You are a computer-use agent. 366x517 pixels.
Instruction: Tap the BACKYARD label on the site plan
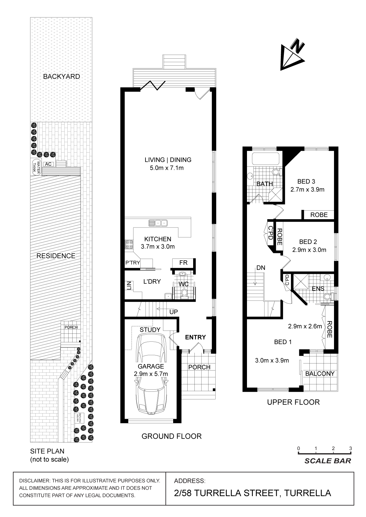coord(62,76)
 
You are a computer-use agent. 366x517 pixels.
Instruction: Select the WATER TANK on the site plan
coord(37,167)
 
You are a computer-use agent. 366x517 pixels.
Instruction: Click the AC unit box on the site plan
coord(48,164)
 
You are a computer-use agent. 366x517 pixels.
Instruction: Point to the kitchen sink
coord(158,223)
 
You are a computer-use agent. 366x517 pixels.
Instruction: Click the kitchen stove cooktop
coord(129,244)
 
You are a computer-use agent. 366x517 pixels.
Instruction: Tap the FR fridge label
coord(183,263)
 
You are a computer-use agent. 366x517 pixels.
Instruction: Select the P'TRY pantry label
coord(133,263)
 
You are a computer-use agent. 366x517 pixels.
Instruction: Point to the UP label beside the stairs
coord(174,312)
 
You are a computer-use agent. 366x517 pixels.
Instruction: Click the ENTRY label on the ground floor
coord(195,337)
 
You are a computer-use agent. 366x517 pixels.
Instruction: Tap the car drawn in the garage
coord(151,373)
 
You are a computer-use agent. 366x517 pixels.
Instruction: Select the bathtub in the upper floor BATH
coord(265,158)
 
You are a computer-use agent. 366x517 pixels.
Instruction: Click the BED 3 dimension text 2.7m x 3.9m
coord(307,189)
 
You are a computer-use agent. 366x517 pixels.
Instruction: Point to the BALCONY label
coord(320,374)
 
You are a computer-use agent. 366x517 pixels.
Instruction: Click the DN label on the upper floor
coord(261,268)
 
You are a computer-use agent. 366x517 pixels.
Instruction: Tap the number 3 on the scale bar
coord(351,449)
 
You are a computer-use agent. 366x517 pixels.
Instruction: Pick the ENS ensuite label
coord(318,289)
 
